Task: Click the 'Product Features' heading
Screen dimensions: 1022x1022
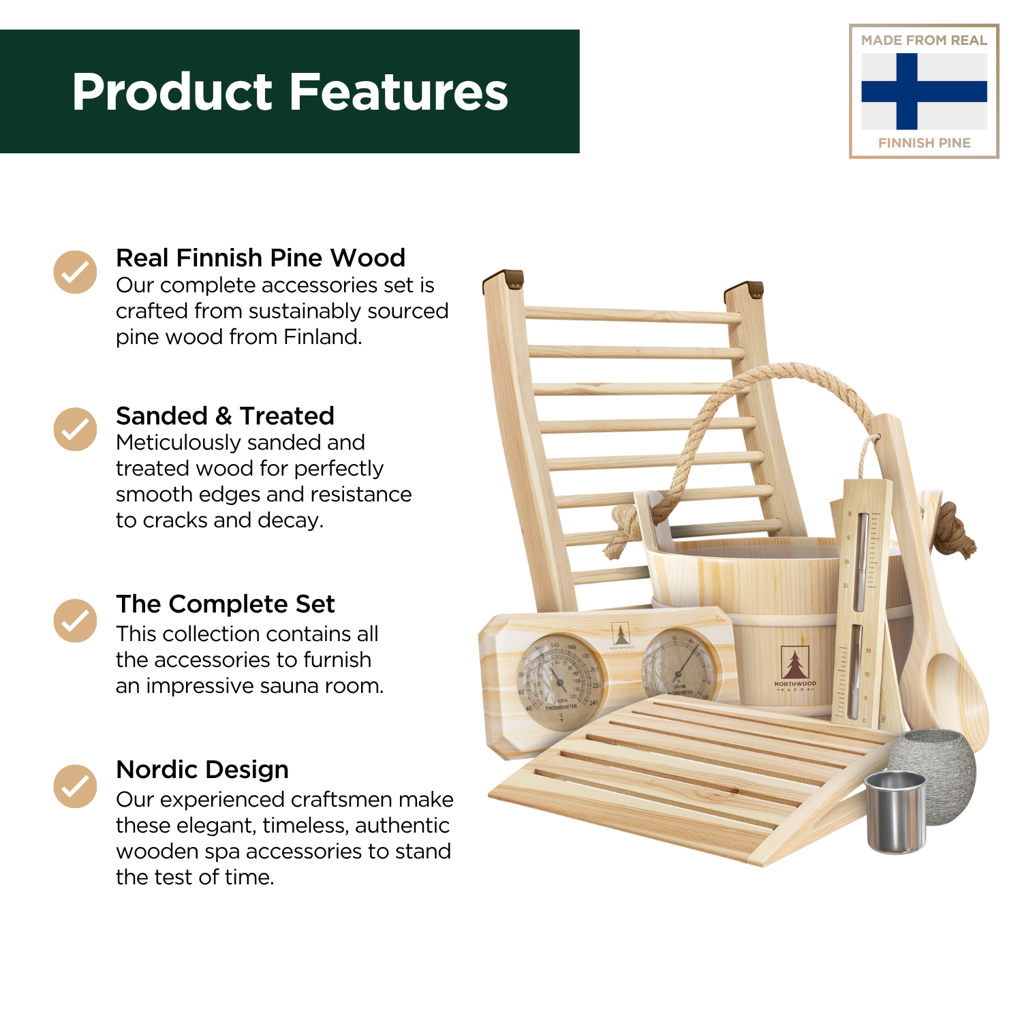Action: [x=290, y=92]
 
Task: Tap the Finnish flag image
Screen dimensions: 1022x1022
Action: [x=924, y=91]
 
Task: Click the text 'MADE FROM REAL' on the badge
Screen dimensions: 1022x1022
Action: [x=924, y=41]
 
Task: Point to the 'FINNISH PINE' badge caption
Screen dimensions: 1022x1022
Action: [x=924, y=143]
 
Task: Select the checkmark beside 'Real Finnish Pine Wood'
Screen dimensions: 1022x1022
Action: [x=75, y=272]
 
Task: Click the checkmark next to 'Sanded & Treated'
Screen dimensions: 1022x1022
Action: [x=75, y=429]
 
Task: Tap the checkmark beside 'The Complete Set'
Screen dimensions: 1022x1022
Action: [x=75, y=621]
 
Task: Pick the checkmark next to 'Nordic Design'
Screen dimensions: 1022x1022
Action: [x=75, y=786]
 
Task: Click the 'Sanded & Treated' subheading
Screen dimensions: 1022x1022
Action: [x=225, y=416]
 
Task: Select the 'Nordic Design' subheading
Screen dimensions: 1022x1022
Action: [x=202, y=770]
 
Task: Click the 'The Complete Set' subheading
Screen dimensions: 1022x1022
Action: [x=225, y=604]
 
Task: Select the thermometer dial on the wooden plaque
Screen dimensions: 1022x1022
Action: [x=560, y=677]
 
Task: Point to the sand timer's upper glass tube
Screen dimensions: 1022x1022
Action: [x=862, y=562]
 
